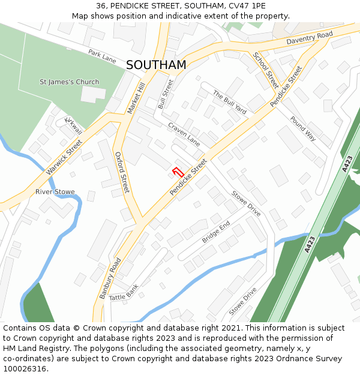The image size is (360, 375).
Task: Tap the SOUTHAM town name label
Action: [156, 65]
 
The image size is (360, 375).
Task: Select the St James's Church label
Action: [69, 82]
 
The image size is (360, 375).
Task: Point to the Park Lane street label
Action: [102, 56]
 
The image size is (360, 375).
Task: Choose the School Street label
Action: [265, 70]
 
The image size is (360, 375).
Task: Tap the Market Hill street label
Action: [137, 98]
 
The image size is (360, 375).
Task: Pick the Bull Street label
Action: [165, 94]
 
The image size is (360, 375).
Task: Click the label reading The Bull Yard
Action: [230, 103]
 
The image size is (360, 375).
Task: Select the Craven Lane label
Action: [184, 134]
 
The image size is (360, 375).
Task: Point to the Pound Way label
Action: [302, 128]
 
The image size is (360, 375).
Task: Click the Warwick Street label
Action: [64, 158]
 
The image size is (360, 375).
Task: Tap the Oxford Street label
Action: [122, 173]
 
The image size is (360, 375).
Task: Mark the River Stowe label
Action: [55, 192]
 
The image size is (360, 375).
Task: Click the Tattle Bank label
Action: [124, 292]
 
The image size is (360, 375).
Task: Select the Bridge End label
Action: [216, 232]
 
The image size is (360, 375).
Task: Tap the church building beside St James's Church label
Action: [92, 94]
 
